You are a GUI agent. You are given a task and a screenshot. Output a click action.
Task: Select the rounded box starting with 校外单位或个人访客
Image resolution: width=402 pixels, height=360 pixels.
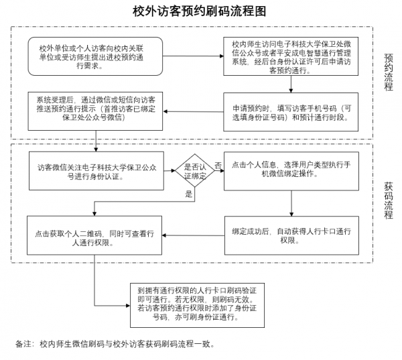[96, 56]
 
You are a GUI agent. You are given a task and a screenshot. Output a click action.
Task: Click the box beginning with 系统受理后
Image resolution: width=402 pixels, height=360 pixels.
[96, 107]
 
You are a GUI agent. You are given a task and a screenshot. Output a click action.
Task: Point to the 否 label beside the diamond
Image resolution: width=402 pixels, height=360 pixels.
[218, 164]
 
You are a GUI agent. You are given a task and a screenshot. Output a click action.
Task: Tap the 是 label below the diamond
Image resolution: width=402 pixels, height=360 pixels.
[188, 194]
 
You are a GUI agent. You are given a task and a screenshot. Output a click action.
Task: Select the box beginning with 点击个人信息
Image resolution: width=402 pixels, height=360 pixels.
[291, 168]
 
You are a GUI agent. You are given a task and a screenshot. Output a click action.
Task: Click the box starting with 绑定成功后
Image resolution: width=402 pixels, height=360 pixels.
[291, 235]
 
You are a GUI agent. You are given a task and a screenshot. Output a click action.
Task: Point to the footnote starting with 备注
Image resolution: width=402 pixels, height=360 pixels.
[115, 344]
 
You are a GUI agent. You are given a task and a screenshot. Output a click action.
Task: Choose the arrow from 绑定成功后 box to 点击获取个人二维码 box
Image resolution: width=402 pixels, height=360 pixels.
[194, 235]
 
